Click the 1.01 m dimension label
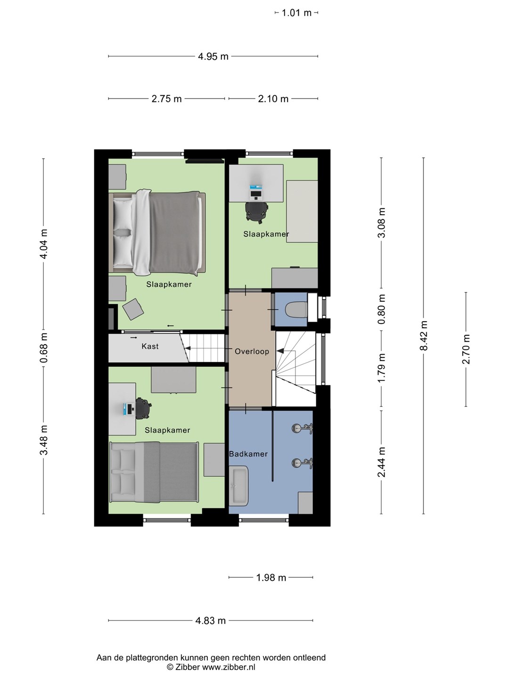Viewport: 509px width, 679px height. [296, 13]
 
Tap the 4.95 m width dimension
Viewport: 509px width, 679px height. [213, 56]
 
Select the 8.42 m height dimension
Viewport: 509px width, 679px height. [423, 336]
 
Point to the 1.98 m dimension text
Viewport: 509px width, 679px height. [271, 578]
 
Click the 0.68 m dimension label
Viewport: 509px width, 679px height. [43, 348]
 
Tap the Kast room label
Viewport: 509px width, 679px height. [150, 346]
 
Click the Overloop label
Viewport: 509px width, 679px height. [252, 351]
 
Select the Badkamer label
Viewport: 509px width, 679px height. [248, 454]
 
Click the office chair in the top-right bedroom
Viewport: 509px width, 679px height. [256, 212]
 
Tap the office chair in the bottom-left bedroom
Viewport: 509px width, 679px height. [143, 408]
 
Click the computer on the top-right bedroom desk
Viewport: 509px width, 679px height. [255, 192]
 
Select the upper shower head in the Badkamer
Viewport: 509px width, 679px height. [303, 428]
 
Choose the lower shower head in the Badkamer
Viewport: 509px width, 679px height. [303, 463]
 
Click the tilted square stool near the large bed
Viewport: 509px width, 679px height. [133, 309]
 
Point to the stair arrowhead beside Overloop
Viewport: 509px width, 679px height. [280, 351]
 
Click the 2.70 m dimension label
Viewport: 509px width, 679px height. [466, 349]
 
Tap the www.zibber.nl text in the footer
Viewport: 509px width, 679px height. [229, 667]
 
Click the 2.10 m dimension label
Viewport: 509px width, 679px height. [273, 99]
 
